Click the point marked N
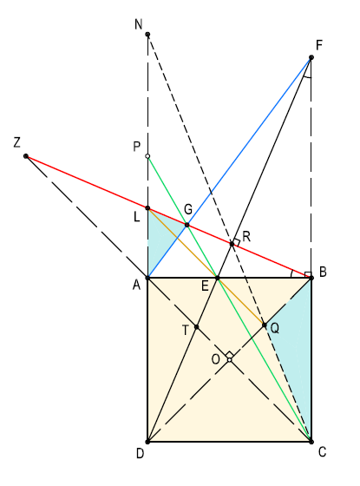(x=147, y=34)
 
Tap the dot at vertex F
(x=311, y=57)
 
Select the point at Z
(x=26, y=156)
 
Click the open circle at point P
(x=147, y=156)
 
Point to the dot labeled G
(x=187, y=225)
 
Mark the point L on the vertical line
(x=147, y=208)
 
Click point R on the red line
(x=232, y=244)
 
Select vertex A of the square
(x=147, y=278)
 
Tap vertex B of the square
(x=311, y=278)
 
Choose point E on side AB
(x=218, y=278)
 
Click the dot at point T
(x=196, y=326)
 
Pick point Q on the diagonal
(x=265, y=325)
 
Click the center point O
(x=230, y=360)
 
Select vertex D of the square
(x=147, y=442)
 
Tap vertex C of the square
(x=311, y=442)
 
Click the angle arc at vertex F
(x=308, y=77)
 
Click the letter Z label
(x=17, y=142)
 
